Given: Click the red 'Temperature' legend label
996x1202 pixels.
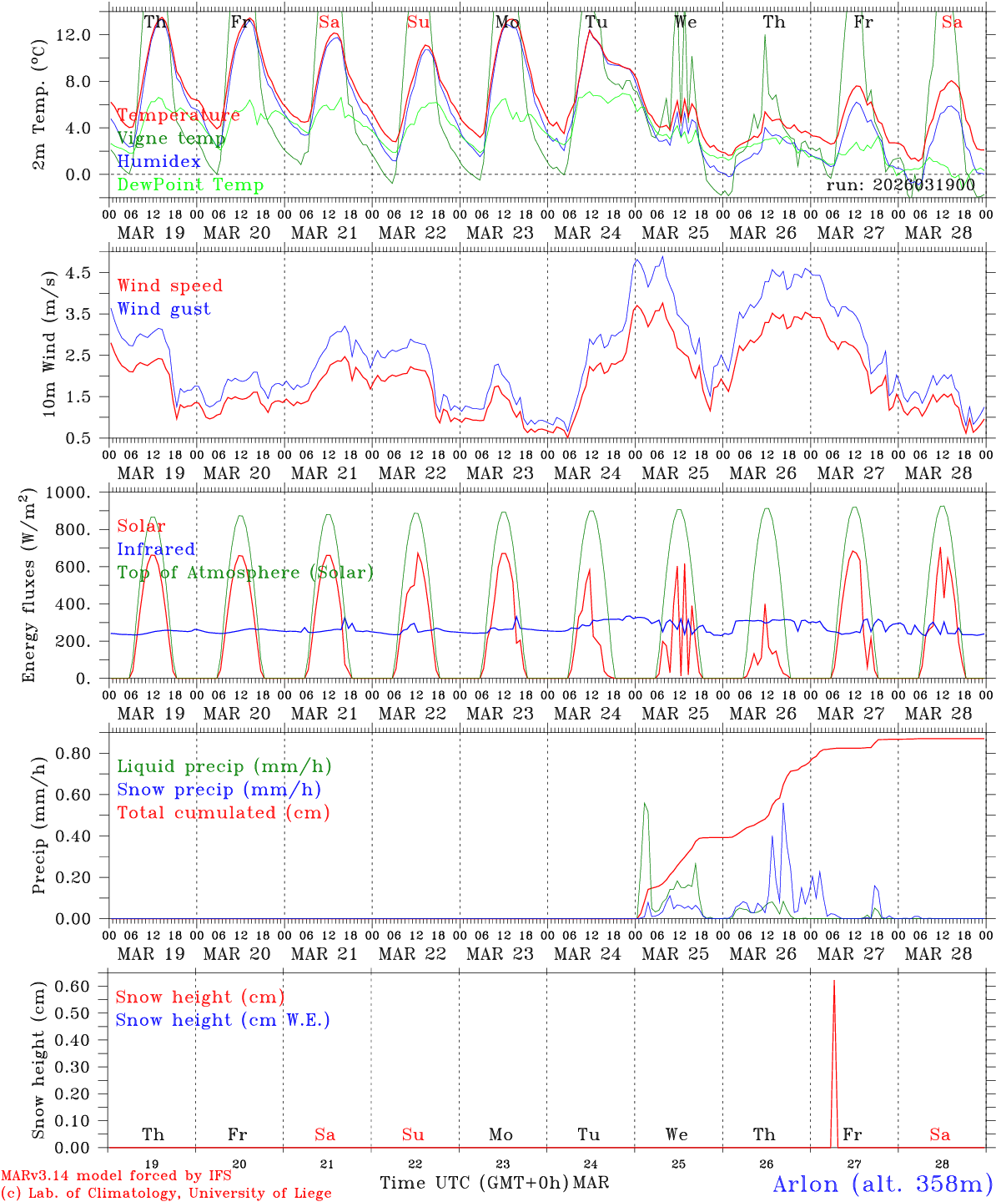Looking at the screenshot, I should coord(179,115).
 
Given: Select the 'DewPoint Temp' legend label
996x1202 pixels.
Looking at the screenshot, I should coord(190,184).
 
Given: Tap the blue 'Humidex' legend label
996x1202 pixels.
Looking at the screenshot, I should coord(159,161).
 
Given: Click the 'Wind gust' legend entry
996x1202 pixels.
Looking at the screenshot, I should coord(164,309).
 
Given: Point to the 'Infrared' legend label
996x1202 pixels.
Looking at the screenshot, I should coord(156,549).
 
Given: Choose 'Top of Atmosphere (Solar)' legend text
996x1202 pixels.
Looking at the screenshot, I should coord(245,573).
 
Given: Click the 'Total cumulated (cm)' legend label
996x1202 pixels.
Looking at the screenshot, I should coord(224,812).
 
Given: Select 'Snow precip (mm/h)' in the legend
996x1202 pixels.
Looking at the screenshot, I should coord(219,790).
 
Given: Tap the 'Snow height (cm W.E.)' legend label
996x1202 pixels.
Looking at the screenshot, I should coord(223,1020).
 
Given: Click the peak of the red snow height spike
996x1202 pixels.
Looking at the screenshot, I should coord(834,981).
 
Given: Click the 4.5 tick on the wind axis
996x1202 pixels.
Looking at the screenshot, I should coord(87,272).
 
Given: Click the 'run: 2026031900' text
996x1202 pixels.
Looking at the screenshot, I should coord(900,184).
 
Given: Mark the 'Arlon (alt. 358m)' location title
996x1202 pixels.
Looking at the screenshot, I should coord(883,1184).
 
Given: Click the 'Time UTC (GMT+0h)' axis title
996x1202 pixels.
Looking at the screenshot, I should coord(474,1183).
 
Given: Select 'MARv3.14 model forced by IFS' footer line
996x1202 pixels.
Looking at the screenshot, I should coord(116,1176).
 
